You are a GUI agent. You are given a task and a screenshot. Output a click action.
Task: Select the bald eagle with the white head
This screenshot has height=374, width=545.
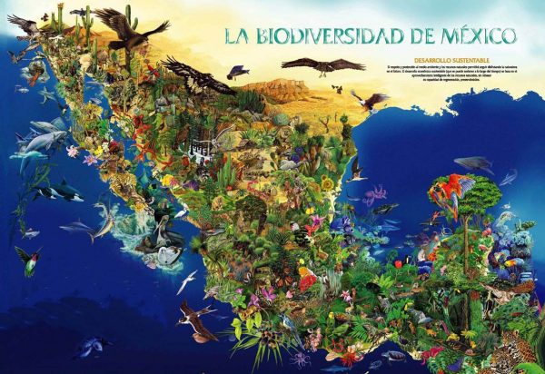coord(369,100)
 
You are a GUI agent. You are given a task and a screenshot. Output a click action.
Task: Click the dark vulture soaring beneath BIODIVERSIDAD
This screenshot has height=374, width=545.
coord(322,65)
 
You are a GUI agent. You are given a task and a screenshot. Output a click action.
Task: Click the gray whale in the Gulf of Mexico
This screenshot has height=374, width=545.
coord(473,164)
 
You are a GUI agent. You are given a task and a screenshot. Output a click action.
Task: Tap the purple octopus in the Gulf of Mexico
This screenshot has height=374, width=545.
coord(374,193)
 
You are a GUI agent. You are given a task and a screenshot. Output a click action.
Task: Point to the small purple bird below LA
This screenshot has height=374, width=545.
coord(238,70)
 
